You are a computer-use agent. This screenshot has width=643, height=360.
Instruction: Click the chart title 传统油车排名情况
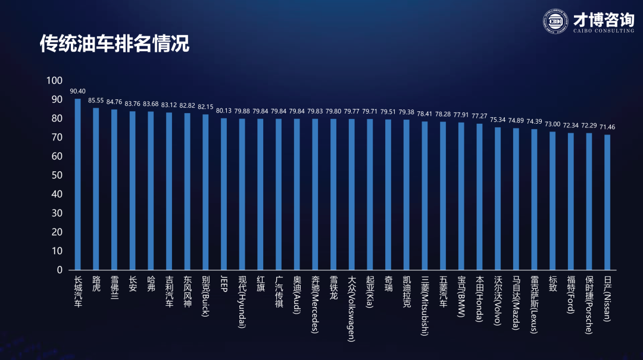click(114, 43)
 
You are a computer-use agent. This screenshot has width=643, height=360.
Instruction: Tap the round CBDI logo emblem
click(555, 21)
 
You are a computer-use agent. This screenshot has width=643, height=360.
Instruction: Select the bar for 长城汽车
click(77, 184)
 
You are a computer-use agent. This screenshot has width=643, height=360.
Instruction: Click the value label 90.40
click(77, 92)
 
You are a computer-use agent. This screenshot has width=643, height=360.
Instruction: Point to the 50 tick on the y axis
click(57, 175)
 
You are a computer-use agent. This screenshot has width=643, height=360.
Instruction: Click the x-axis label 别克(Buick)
click(205, 296)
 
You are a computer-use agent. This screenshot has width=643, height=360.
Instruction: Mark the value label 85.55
click(96, 101)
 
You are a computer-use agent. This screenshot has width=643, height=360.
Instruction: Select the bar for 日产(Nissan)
click(607, 202)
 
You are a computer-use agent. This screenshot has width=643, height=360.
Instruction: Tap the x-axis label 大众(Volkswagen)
click(351, 308)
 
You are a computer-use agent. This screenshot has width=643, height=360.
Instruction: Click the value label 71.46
click(607, 127)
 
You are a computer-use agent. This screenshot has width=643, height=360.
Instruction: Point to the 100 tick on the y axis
click(55, 80)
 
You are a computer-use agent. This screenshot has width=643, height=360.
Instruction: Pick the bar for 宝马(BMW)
click(461, 196)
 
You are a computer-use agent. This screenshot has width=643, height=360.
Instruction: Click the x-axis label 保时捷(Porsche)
click(589, 305)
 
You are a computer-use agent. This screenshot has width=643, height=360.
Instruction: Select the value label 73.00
click(553, 124)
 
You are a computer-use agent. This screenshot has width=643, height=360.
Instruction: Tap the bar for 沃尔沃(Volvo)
click(498, 199)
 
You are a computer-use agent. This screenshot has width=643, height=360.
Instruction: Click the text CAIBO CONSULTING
click(604, 31)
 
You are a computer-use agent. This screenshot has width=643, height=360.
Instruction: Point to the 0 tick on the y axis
click(60, 270)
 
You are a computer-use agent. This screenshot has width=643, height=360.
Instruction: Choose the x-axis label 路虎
click(96, 284)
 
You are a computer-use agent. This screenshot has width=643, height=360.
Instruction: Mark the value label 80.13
click(223, 111)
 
